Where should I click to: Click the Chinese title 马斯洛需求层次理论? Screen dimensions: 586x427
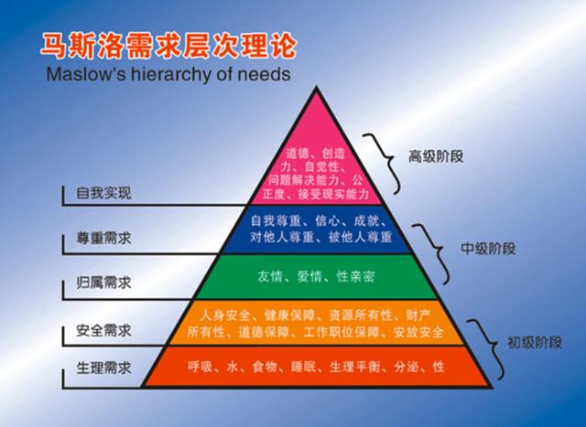click(x=168, y=47)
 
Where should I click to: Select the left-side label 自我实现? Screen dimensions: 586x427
click(x=103, y=193)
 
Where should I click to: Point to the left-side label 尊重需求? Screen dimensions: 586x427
click(x=103, y=238)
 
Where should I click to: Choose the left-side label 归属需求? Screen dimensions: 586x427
click(x=103, y=283)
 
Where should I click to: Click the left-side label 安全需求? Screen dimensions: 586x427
click(x=103, y=331)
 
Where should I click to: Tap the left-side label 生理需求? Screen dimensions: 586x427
click(x=103, y=368)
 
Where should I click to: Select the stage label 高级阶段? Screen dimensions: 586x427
click(x=436, y=156)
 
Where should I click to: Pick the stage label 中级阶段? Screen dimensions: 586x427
click(x=488, y=249)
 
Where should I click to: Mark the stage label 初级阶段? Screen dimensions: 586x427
click(x=535, y=343)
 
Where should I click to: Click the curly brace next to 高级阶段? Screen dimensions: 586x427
click(x=381, y=164)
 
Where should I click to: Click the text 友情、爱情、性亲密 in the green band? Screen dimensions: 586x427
click(x=316, y=277)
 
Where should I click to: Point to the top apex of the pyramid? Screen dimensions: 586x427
click(x=317, y=88)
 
